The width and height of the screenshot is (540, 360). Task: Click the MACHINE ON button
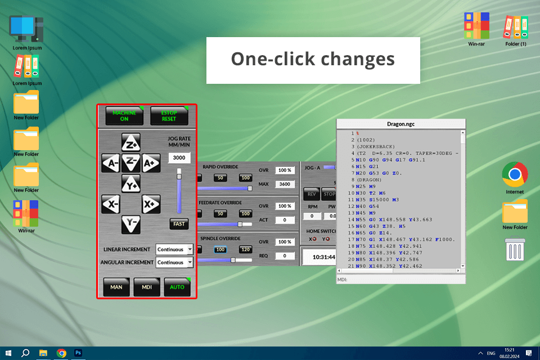(x=124, y=116)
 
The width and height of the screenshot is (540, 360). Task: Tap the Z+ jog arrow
(x=131, y=143)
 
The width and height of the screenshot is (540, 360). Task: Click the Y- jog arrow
(x=131, y=224)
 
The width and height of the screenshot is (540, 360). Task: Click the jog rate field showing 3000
(x=179, y=158)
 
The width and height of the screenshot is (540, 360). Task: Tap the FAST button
(x=179, y=224)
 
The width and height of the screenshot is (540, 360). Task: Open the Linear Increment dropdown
(x=175, y=249)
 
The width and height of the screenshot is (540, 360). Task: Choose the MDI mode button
(x=147, y=287)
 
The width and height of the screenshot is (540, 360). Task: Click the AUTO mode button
(x=177, y=287)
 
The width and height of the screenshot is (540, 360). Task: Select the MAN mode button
(x=116, y=287)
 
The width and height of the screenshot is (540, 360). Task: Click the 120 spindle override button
(x=245, y=249)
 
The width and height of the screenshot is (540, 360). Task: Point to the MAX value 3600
(x=285, y=184)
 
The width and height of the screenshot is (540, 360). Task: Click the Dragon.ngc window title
(x=401, y=124)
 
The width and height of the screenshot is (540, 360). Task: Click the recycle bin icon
(x=515, y=249)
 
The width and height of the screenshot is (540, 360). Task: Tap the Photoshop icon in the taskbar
(x=79, y=353)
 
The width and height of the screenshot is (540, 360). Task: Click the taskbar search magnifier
(x=25, y=353)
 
